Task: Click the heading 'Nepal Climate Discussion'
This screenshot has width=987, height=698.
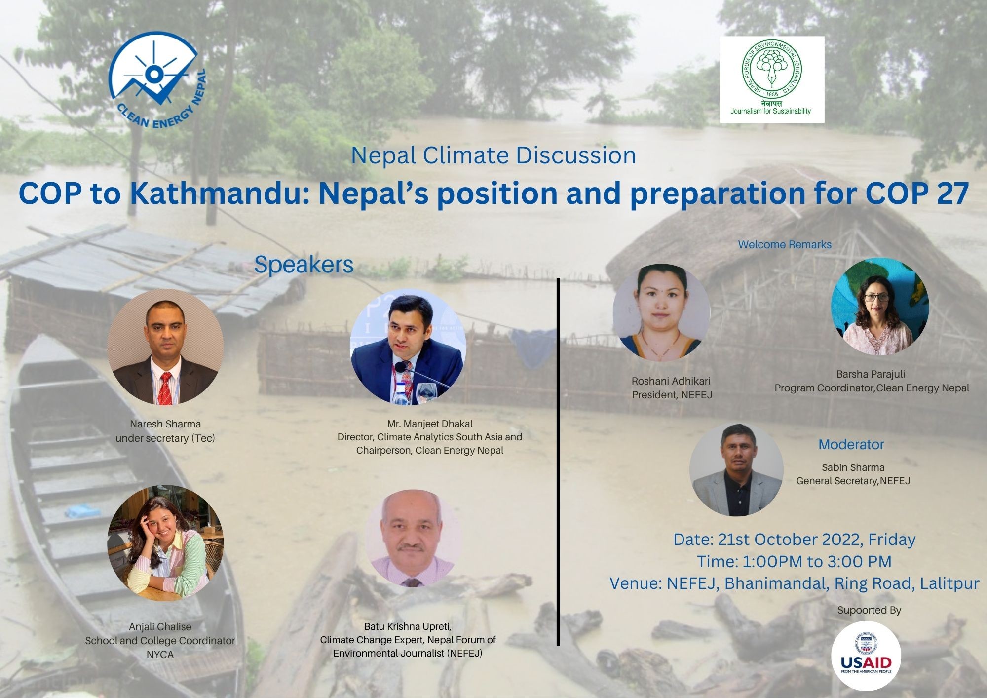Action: tap(493, 155)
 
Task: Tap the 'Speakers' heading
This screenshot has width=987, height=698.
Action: tap(304, 265)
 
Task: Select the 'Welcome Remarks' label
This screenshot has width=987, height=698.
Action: tap(785, 244)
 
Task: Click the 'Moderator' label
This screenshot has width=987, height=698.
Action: tap(851, 444)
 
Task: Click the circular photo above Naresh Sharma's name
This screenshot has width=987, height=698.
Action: tap(165, 347)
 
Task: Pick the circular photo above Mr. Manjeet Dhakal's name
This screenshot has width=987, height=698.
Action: tap(408, 347)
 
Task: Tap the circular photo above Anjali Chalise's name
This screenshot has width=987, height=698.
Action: tap(165, 543)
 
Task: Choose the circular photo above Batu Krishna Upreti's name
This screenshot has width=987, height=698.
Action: tap(414, 538)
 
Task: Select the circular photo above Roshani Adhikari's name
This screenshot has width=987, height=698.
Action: tap(661, 313)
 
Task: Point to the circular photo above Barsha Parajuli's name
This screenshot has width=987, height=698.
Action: tap(880, 306)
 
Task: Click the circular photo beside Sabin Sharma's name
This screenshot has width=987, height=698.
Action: tap(736, 469)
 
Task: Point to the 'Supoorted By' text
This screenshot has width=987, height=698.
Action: tap(869, 611)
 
